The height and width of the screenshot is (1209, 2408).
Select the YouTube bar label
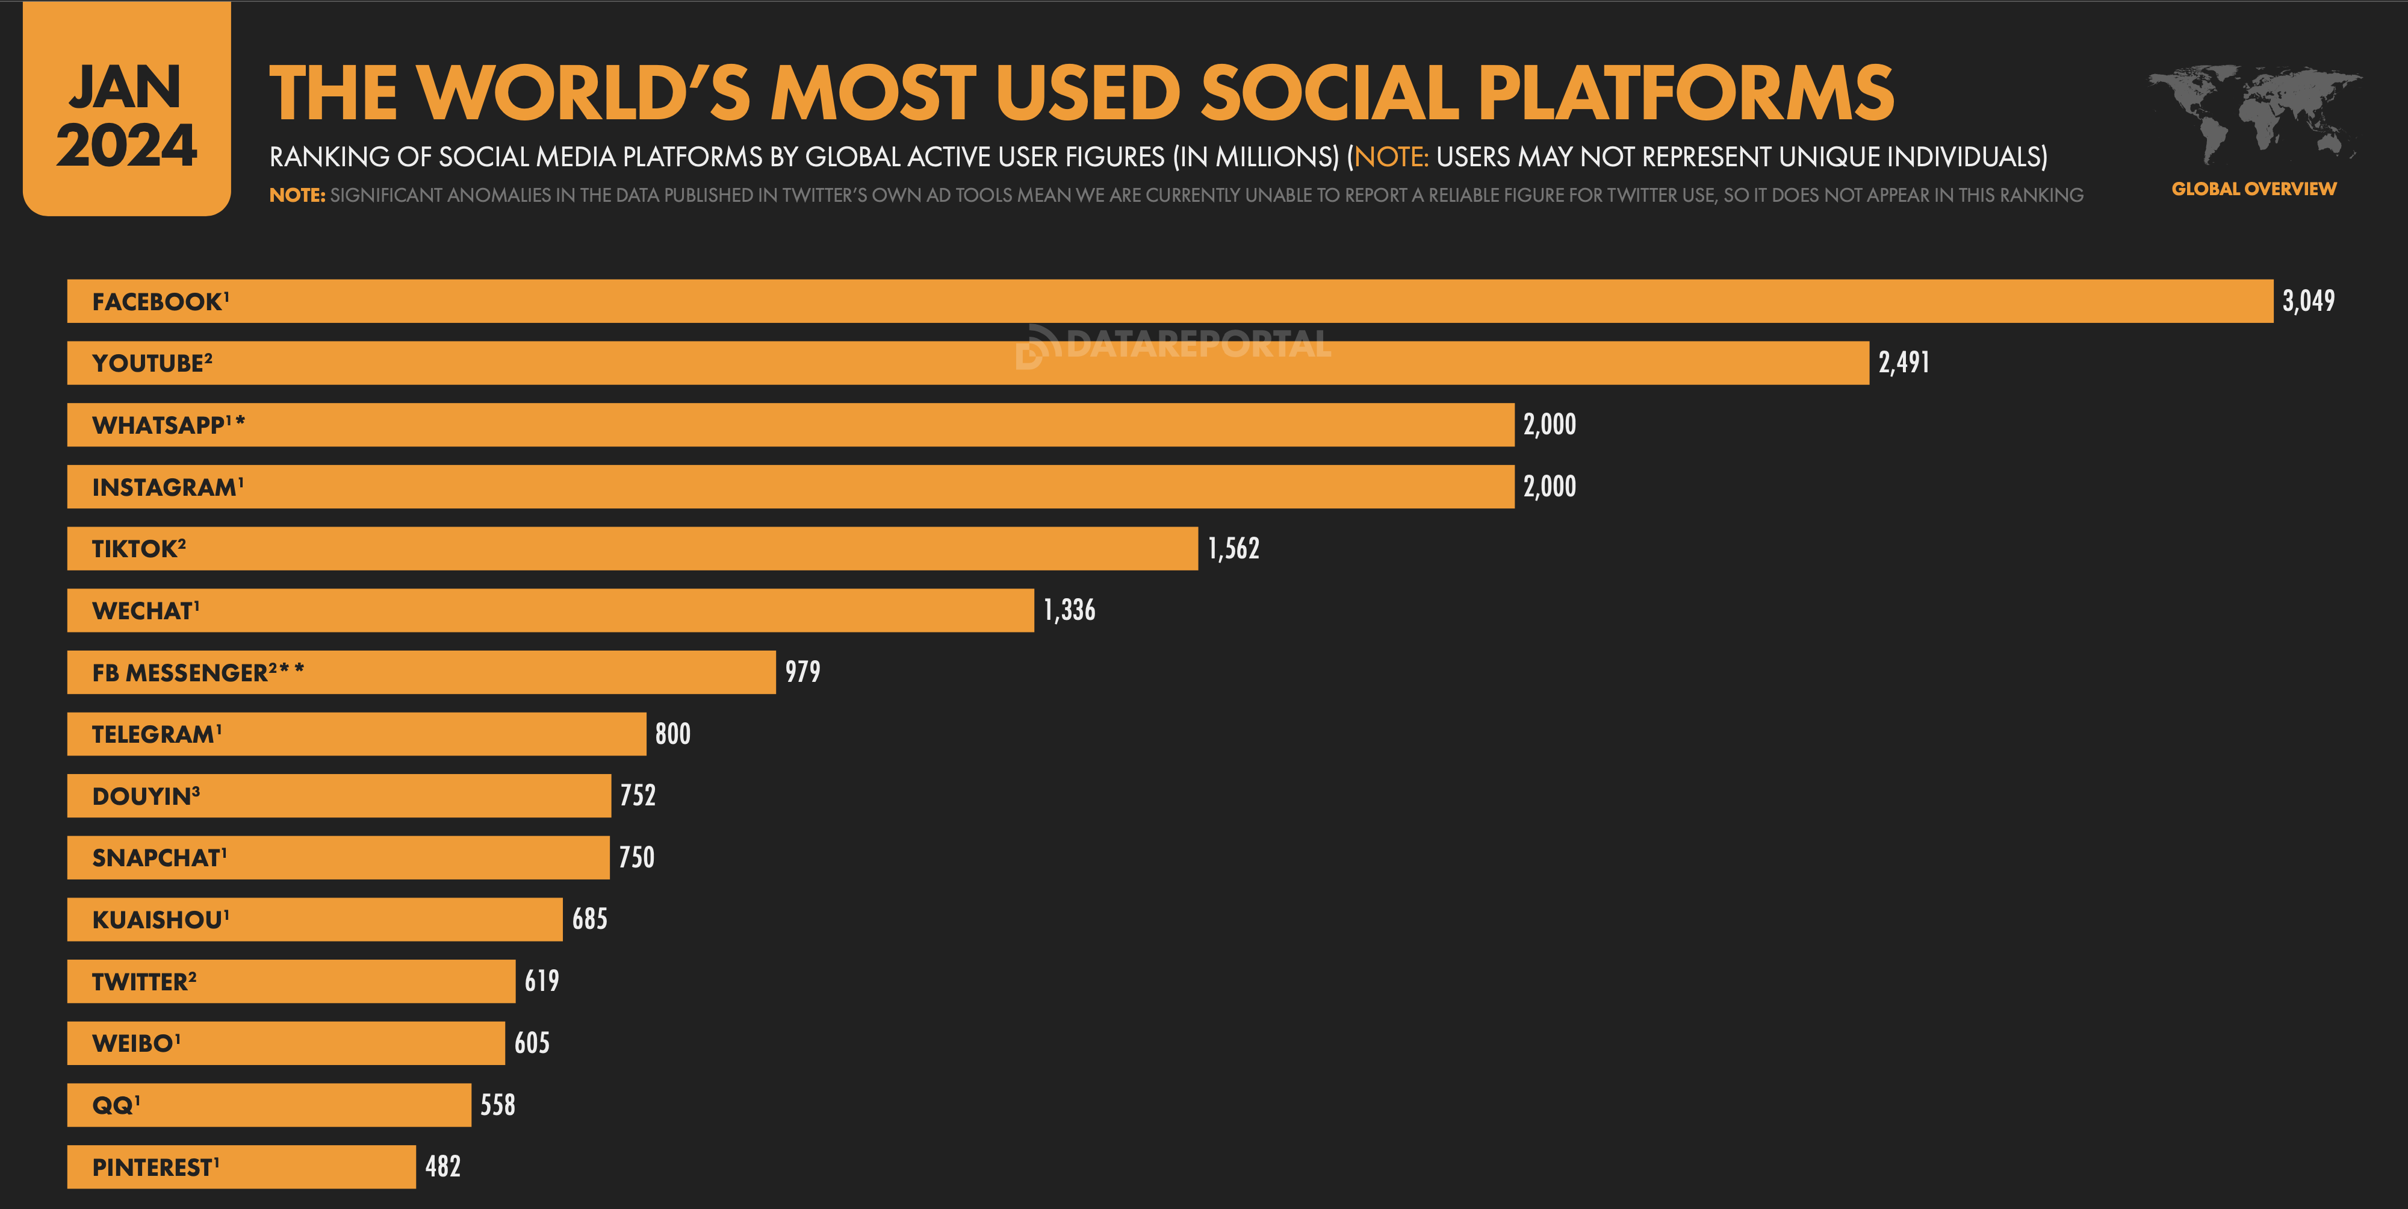point(152,363)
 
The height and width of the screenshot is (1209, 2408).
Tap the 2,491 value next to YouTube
point(1903,363)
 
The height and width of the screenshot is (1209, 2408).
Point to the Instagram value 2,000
point(1549,486)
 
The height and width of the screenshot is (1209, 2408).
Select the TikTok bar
point(632,549)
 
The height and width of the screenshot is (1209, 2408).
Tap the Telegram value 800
point(672,734)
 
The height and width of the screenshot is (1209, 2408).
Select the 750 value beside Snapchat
point(636,857)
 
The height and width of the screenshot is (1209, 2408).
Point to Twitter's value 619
point(541,981)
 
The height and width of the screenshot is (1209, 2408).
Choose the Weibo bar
point(285,1043)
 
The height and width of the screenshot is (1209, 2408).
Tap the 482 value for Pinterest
point(442,1167)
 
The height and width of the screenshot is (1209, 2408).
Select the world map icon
point(2253,112)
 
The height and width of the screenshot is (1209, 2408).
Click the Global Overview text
point(2253,189)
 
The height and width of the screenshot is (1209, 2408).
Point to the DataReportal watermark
point(1173,345)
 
